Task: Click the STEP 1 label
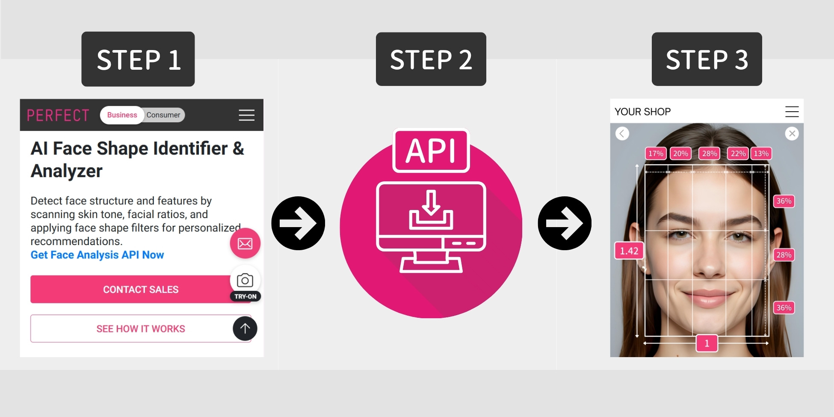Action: tap(138, 59)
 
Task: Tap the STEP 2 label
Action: tap(431, 59)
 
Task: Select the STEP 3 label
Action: tap(707, 59)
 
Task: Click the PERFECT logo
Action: tap(58, 115)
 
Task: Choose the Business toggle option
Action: tap(122, 115)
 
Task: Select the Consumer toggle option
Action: tap(163, 115)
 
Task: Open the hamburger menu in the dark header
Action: tap(246, 115)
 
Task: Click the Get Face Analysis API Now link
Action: tap(97, 255)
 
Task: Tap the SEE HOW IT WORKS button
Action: tap(140, 328)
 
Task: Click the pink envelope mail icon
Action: tap(245, 244)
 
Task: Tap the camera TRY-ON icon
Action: tap(245, 281)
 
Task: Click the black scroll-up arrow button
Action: tap(245, 328)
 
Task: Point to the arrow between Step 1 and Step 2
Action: tap(298, 223)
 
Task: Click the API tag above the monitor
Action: tap(431, 151)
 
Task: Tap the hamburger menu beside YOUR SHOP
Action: tap(792, 112)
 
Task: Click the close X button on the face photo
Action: tap(792, 134)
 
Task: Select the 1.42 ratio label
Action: tap(629, 251)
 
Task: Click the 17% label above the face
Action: tap(655, 154)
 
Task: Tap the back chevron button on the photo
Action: tap(622, 134)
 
